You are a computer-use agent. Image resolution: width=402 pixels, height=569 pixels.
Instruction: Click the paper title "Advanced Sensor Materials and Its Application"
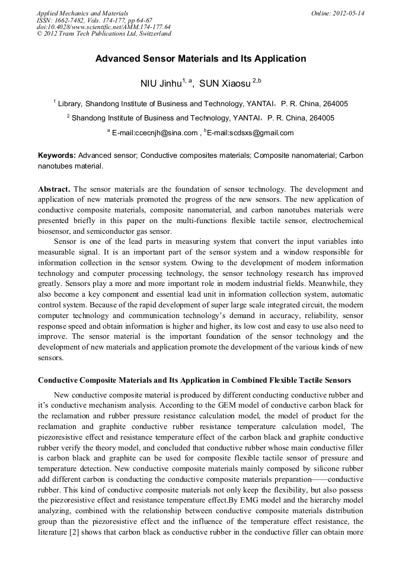200,59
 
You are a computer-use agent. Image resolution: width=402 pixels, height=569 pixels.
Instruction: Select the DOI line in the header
104,27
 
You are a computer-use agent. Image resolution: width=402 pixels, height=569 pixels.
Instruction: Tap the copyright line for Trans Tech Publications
104,33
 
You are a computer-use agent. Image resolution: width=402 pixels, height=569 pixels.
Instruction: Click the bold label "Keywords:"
58,155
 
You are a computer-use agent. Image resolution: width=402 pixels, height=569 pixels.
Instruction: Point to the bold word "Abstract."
55,189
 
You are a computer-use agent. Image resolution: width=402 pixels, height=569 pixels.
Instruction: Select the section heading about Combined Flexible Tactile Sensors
194,380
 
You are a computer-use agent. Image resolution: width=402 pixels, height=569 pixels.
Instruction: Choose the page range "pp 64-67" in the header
136,20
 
